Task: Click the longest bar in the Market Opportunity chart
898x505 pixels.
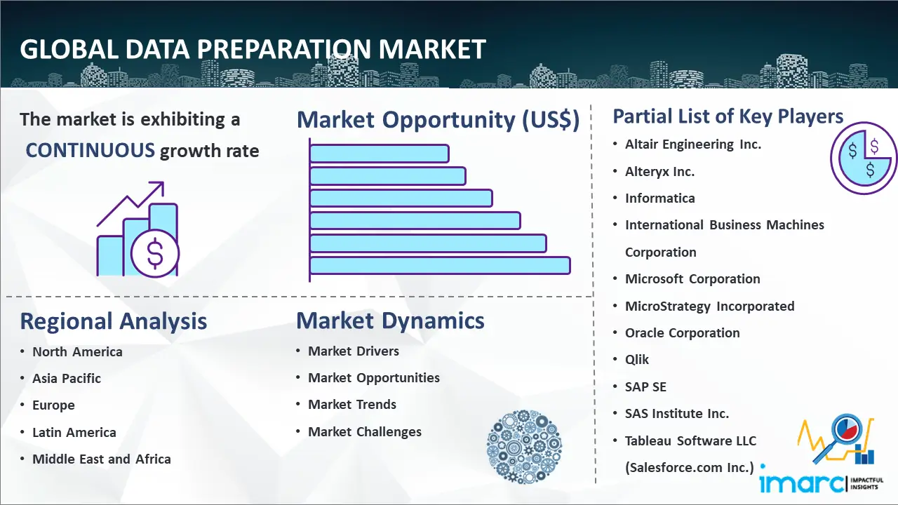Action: coord(440,266)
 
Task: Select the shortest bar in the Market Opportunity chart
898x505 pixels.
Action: coord(380,154)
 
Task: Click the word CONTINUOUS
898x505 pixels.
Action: coord(91,150)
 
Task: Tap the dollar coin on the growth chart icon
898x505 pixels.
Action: coord(155,254)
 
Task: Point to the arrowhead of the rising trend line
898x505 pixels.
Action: coord(159,187)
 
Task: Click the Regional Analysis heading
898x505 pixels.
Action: coord(114,321)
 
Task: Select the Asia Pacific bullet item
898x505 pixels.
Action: coord(67,378)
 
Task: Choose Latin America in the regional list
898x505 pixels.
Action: coord(74,432)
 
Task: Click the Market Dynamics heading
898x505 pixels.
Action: coord(390,321)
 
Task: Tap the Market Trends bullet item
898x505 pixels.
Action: coord(352,405)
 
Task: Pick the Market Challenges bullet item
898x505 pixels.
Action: coord(364,431)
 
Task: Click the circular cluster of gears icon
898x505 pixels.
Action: coord(524,446)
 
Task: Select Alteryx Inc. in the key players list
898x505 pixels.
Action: coord(659,172)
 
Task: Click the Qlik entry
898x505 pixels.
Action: coord(636,360)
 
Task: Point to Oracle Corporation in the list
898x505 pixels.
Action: coord(683,332)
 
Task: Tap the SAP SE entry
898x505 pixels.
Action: coord(645,386)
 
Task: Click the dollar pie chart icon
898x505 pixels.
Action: coord(864,158)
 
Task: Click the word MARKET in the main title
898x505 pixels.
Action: coord(432,49)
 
